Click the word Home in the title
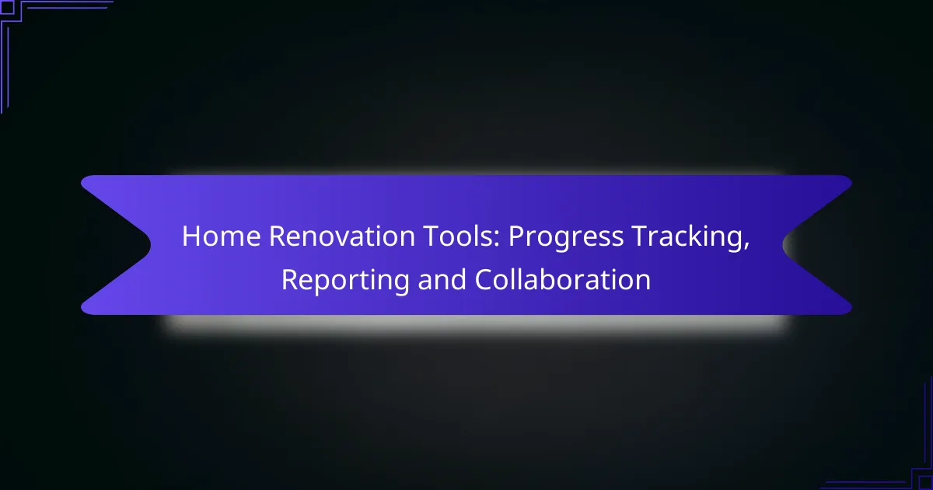click(x=221, y=236)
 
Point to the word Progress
click(x=566, y=238)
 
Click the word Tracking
click(x=687, y=238)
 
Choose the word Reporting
click(x=345, y=282)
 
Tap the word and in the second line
click(x=442, y=278)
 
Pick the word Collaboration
click(x=562, y=278)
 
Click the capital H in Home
click(x=191, y=236)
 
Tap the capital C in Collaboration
click(x=484, y=279)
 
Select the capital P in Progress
click(x=516, y=236)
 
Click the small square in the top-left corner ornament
click(x=7, y=8)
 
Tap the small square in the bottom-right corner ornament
click(x=926, y=483)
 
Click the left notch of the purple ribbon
click(x=150, y=244)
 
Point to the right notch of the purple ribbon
click(x=783, y=245)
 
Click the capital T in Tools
click(x=431, y=236)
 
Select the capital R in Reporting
click(x=290, y=279)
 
